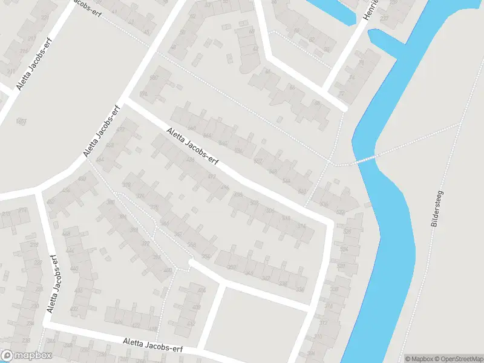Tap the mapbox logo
tap(26, 356)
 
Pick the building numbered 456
tap(66, 190)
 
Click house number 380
tap(111, 201)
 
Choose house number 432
tap(74, 309)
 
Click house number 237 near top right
tap(384, 18)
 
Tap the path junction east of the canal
tap(462, 123)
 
